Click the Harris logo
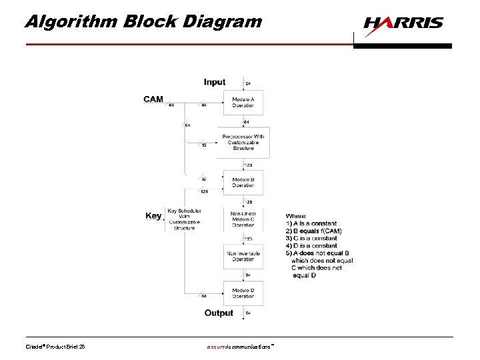pos(403,23)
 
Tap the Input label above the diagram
pos(215,82)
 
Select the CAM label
pos(153,99)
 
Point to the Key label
pos(153,215)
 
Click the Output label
pos(219,312)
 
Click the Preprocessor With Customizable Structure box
pos(243,142)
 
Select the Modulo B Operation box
pos(243,181)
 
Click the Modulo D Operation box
pos(243,293)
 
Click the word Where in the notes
pos(297,216)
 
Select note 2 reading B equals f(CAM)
pos(313,231)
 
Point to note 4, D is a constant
pos(311,245)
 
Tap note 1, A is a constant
pos(311,223)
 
